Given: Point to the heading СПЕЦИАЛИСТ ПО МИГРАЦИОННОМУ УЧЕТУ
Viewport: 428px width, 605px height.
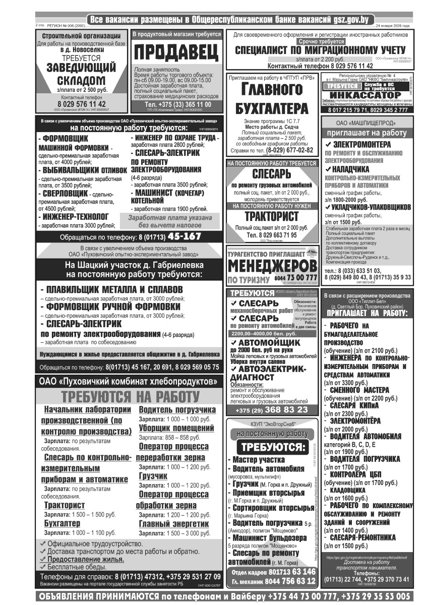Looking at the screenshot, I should click(320, 50).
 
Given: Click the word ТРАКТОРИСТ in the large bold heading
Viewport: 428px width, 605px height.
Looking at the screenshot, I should click(271, 217).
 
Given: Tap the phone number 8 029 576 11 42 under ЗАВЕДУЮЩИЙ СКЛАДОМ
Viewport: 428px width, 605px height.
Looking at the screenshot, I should click(81, 104).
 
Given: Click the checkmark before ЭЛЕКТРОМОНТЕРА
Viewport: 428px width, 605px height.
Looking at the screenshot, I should click(328, 144).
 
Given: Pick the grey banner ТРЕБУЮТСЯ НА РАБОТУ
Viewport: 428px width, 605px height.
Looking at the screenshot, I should click(130, 397).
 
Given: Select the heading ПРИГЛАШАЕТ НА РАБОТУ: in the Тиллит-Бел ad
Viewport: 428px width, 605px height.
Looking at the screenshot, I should click(366, 313).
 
